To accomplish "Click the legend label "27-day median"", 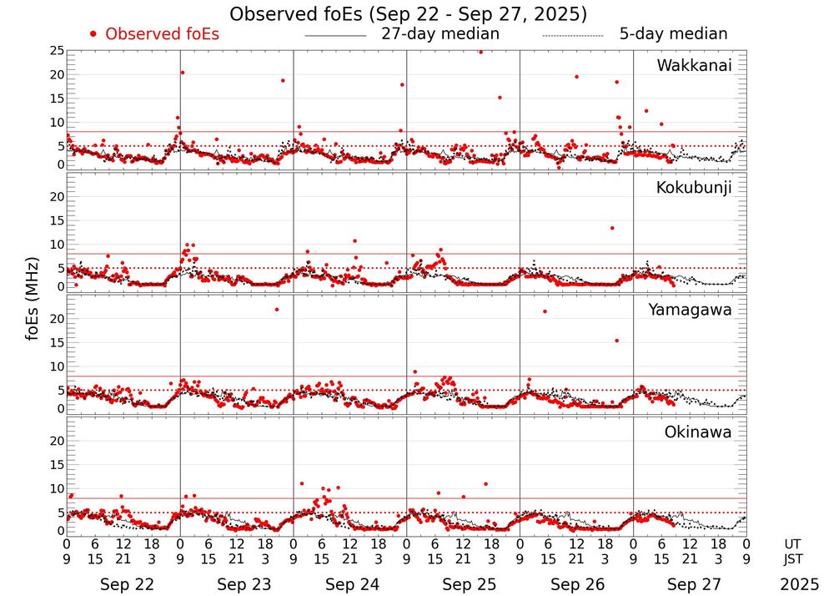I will (440, 34).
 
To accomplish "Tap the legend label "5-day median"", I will (673, 34).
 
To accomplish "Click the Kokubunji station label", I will (694, 188).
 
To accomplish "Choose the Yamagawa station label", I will (691, 310).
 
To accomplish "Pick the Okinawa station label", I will (697, 432).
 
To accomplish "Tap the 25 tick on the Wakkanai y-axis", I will (57, 51).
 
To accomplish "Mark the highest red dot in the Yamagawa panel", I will (277, 310).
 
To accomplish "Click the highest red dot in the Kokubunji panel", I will (612, 228).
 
